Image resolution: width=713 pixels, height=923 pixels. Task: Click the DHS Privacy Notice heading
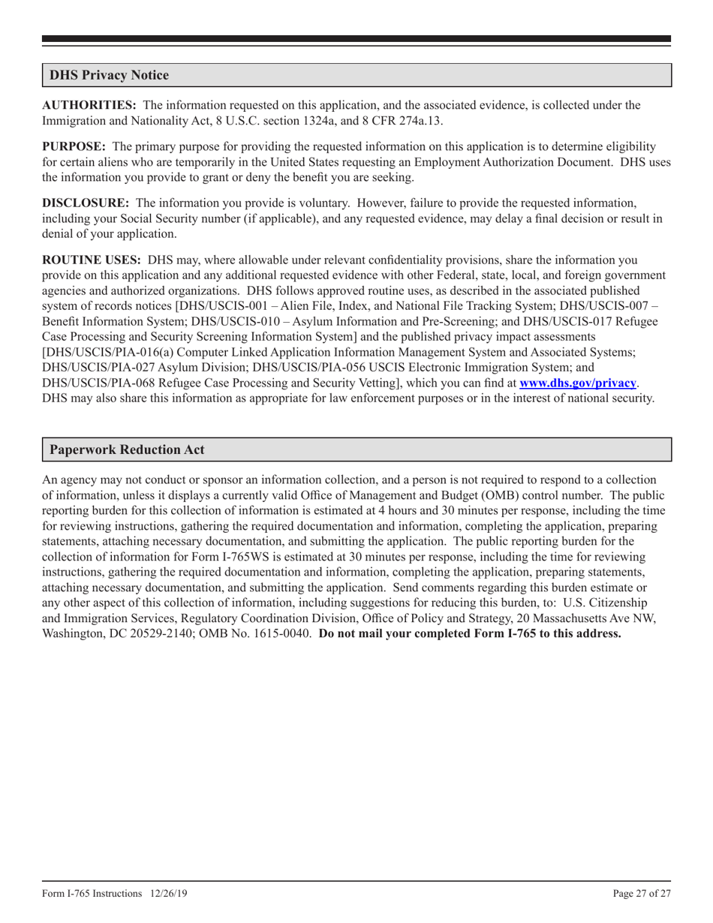pyautogui.click(x=109, y=75)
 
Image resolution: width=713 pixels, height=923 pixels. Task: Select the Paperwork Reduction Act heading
pyautogui.click(x=126, y=449)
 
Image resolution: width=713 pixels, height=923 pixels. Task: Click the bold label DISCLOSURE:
pyautogui.click(x=85, y=203)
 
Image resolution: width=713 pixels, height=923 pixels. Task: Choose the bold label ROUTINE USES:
pyautogui.click(x=92, y=260)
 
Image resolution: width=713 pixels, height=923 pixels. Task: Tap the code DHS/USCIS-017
pyautogui.click(x=579, y=321)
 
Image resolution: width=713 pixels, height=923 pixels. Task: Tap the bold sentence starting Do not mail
pyautogui.click(x=470, y=633)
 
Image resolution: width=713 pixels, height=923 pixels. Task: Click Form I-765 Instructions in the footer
pyautogui.click(x=92, y=893)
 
